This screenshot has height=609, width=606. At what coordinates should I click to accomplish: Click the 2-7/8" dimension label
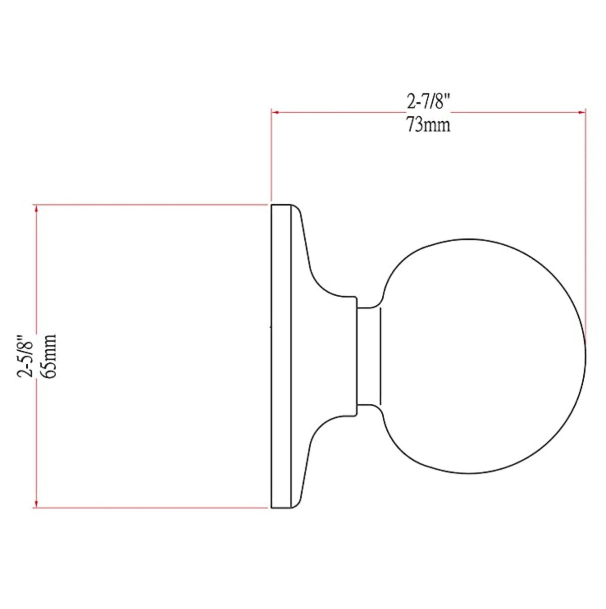(428, 103)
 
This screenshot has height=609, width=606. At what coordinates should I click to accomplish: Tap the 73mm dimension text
(428, 124)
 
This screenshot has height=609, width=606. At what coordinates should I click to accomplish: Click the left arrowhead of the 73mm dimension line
(275, 112)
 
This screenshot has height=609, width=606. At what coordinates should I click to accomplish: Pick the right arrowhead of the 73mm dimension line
(582, 112)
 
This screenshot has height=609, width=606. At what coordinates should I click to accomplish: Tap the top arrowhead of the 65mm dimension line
(36, 209)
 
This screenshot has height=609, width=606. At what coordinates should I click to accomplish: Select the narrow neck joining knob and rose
(369, 356)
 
